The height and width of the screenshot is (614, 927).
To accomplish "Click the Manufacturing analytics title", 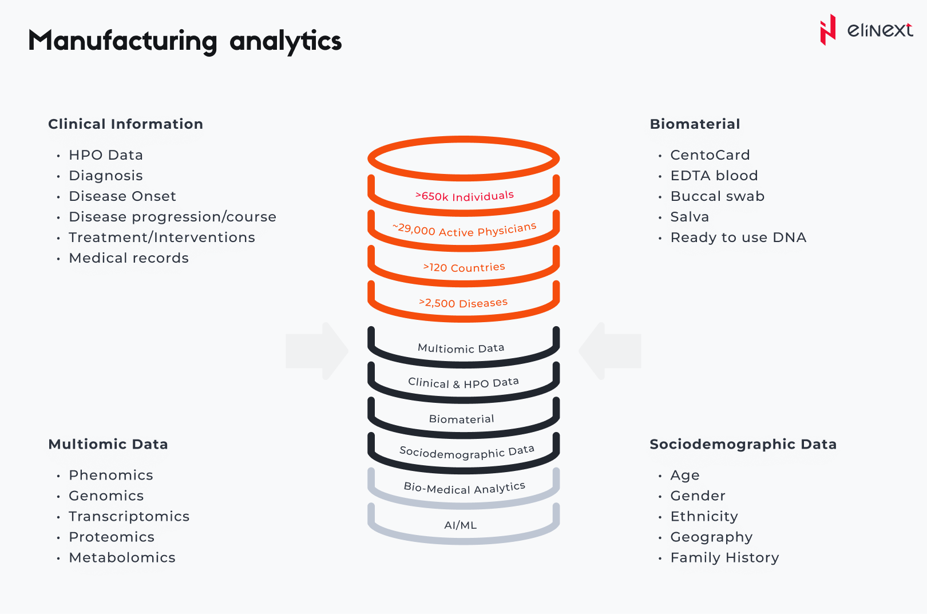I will pos(185,41).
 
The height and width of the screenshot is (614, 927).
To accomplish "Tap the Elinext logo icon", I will pos(827,30).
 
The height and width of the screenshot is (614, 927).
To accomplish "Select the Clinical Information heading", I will pos(125,124).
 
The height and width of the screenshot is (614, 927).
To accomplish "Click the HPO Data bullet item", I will pos(106,155).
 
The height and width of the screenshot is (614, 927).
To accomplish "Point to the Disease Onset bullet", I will pos(122,196).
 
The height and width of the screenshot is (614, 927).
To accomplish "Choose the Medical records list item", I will pos(129,258).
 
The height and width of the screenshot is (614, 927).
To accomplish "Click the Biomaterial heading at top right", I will pos(695,124).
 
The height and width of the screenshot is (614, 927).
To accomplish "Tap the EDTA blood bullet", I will pos(714,176).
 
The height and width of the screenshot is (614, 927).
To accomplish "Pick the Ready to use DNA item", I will pos(738,237).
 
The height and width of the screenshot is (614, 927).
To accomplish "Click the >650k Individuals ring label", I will pos(464,196).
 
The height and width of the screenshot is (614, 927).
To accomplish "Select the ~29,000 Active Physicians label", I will pos(464,230).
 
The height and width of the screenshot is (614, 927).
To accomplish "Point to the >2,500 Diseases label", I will pos(463,303).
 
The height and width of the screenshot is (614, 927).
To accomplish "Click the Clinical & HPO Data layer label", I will pos(463,383).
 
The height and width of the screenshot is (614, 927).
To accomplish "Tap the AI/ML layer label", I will pos(461,525).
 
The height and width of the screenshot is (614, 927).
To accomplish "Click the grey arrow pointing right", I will pos(317,351).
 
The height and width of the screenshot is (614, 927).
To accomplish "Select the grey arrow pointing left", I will pos(610,351).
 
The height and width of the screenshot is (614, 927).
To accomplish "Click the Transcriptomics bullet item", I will pos(129,517).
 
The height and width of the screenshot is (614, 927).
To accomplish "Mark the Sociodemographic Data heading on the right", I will pos(743,445).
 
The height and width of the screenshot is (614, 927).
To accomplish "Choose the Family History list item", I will pos(724,558).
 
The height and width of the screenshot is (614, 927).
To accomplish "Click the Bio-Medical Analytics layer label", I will pos(464,488).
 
